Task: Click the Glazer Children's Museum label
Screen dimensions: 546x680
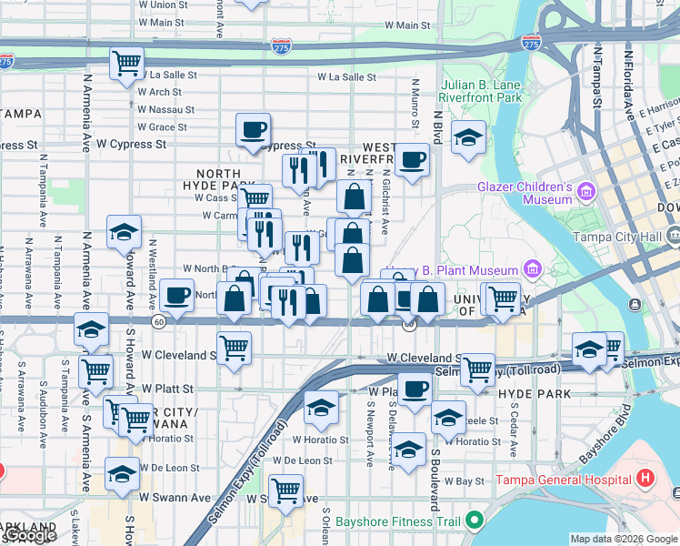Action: pos(524,193)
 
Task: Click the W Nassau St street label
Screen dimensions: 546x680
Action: pos(165,109)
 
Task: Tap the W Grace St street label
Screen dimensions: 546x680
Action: pos(162,126)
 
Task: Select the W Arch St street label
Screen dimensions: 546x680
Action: pos(159,92)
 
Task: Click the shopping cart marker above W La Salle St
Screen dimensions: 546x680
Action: pos(126,64)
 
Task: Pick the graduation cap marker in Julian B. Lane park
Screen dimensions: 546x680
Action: pos(469,137)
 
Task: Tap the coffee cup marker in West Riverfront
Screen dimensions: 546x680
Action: pos(412,160)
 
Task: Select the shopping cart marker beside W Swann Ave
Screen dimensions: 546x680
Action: pos(286,491)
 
